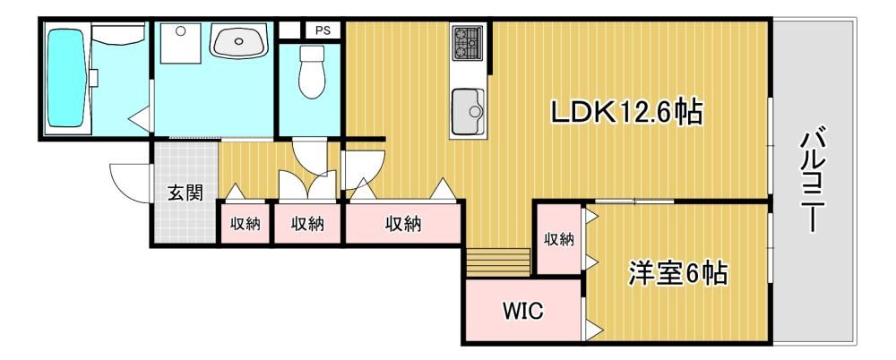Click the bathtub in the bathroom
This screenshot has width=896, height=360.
[65, 78]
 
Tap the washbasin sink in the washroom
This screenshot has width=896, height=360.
[239, 40]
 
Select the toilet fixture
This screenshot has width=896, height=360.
[312, 72]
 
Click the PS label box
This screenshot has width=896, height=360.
[323, 30]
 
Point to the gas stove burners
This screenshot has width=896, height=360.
[468, 42]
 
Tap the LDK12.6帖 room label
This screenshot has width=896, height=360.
[626, 112]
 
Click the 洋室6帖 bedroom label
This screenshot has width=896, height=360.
[678, 273]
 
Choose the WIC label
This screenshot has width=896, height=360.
[523, 311]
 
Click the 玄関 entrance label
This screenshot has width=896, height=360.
[185, 193]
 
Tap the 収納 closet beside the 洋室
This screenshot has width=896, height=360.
[558, 240]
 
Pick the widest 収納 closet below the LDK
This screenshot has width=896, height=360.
[403, 224]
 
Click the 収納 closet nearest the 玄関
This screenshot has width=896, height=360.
[246, 224]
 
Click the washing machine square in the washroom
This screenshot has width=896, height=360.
[181, 43]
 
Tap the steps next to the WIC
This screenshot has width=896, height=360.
[498, 262]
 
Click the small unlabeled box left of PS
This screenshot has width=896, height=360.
[289, 30]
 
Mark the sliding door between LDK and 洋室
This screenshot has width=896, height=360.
[633, 201]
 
